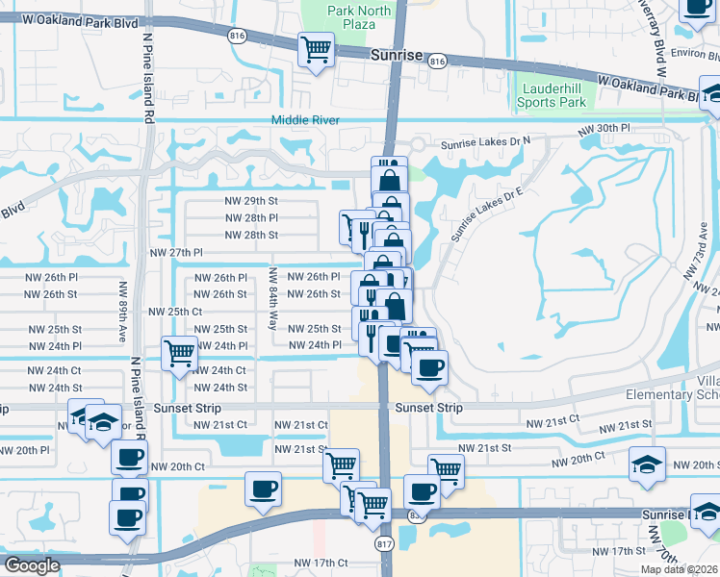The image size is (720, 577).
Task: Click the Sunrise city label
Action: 397,56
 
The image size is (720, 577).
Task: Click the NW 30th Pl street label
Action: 604,128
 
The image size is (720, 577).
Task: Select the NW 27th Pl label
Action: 177,252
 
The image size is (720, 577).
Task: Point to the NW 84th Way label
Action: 273,299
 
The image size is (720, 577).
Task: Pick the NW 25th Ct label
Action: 175,312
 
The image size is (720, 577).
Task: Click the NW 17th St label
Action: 619,551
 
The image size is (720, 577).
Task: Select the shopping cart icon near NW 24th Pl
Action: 180,353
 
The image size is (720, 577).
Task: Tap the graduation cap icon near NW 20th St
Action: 647,464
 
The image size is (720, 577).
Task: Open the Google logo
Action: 31,565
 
